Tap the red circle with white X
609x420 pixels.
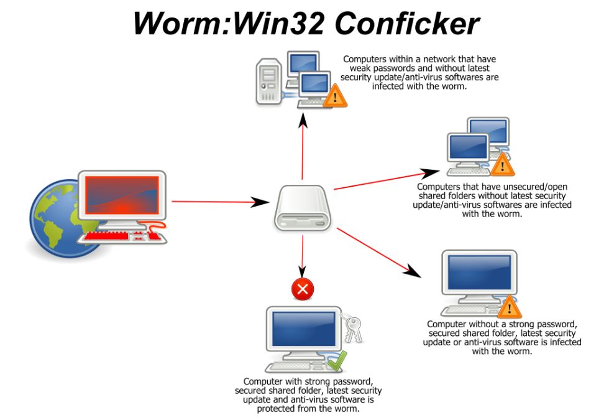[x=303, y=288]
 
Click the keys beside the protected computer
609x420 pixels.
[x=352, y=327]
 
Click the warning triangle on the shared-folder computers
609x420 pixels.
[x=501, y=165]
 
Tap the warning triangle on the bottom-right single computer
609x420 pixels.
[x=510, y=306]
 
